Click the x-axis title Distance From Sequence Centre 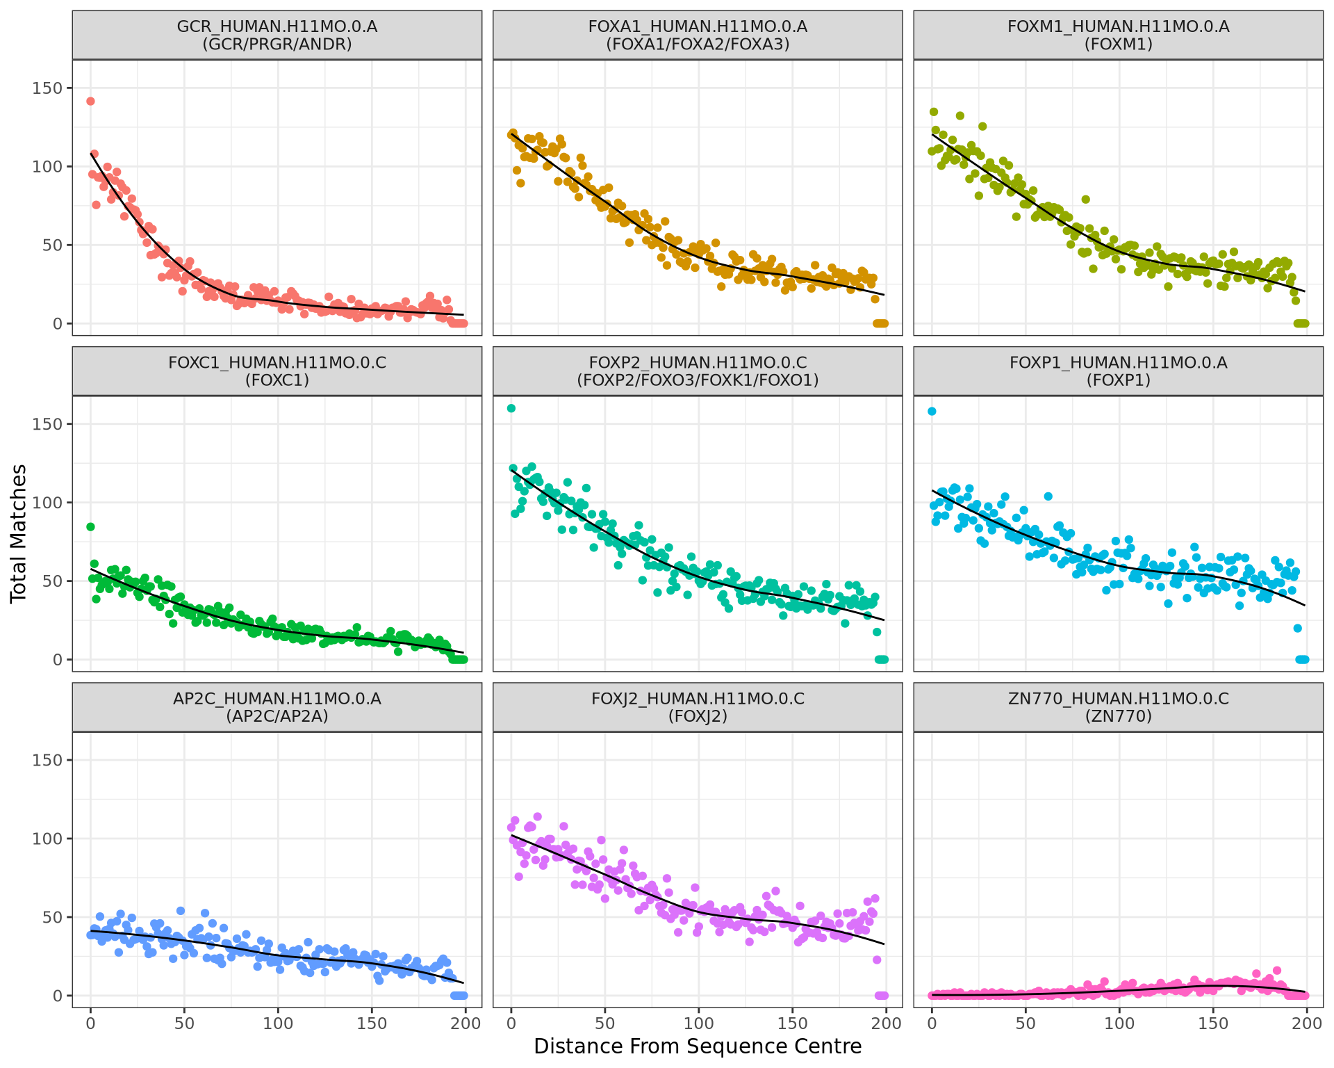click(697, 1046)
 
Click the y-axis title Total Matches click(19, 533)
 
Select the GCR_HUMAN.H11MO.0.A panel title click(277, 35)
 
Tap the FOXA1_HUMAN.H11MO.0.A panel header click(697, 35)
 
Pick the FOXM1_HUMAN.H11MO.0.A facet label click(1118, 35)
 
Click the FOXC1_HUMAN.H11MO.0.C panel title click(277, 371)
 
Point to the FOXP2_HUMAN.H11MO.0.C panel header click(697, 371)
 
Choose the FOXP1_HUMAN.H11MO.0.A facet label click(1118, 371)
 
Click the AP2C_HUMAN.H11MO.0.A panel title click(277, 707)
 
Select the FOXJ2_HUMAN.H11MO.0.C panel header click(697, 707)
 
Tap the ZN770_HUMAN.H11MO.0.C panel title click(1118, 707)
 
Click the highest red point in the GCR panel click(90, 102)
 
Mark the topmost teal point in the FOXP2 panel click(511, 408)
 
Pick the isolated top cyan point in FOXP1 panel click(932, 412)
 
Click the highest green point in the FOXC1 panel click(90, 527)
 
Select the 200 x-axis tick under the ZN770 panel click(1307, 1023)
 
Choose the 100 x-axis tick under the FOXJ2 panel click(698, 1023)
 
